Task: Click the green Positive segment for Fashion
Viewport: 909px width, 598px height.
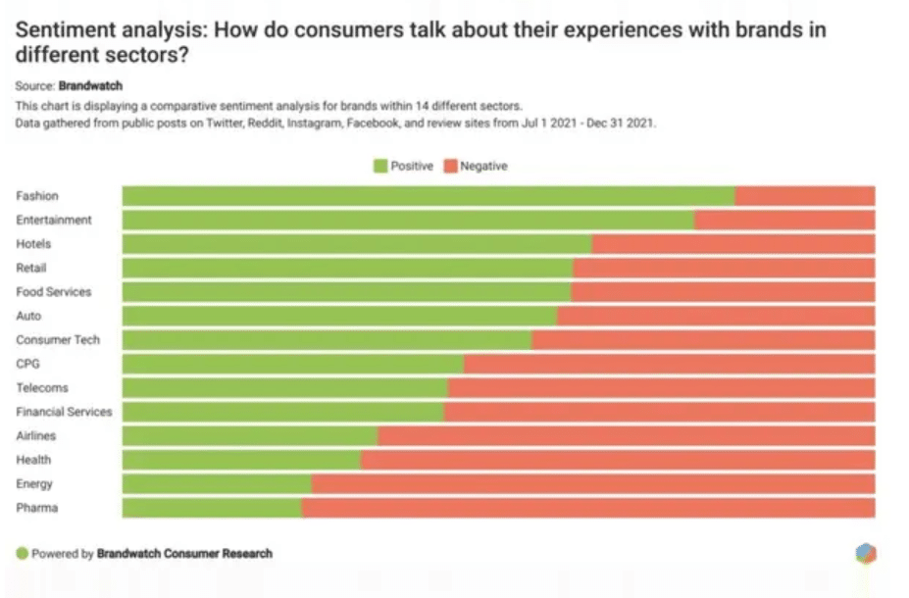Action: pyautogui.click(x=429, y=196)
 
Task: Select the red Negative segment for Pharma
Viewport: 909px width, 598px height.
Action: pyautogui.click(x=587, y=508)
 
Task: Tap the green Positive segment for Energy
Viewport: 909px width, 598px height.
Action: pyautogui.click(x=217, y=484)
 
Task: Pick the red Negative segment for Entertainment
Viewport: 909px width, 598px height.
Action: pyautogui.click(x=784, y=221)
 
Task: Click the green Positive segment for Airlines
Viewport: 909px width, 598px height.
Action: pyautogui.click(x=250, y=435)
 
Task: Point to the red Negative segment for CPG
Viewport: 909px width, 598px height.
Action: pyautogui.click(x=670, y=364)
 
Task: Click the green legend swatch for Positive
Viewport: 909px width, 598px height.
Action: pyautogui.click(x=380, y=167)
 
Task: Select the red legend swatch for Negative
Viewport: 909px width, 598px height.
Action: pyautogui.click(x=450, y=167)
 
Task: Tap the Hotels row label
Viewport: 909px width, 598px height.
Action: pyautogui.click(x=33, y=244)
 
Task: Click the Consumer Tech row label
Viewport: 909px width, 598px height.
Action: pyautogui.click(x=58, y=340)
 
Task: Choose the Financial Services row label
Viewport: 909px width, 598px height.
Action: pyautogui.click(x=64, y=412)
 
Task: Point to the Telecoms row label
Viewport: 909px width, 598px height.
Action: pyautogui.click(x=42, y=387)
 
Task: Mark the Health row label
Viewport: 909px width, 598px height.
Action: pyautogui.click(x=33, y=460)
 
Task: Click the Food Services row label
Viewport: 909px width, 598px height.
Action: pyautogui.click(x=53, y=292)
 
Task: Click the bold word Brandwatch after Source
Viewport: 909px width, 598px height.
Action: pyautogui.click(x=90, y=85)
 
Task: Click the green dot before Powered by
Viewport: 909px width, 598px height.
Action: pyautogui.click(x=22, y=553)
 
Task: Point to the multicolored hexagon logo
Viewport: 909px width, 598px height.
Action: pyautogui.click(x=866, y=553)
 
